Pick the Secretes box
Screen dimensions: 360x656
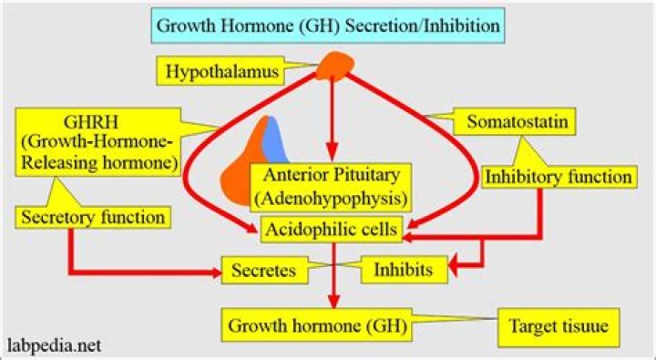[262, 270]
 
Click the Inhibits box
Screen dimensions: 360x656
[407, 270]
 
